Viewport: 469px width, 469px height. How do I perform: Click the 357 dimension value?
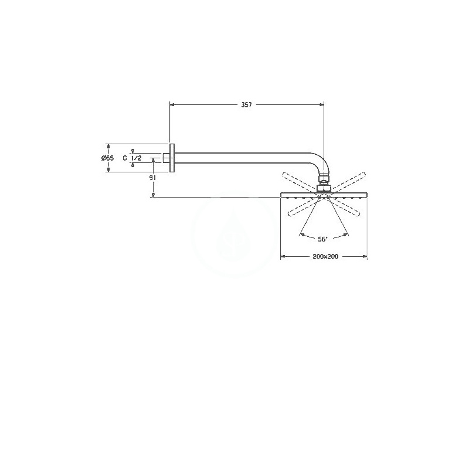point(247,105)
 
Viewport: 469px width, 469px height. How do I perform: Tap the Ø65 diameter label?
point(108,158)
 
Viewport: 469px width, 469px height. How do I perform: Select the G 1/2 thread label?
point(132,158)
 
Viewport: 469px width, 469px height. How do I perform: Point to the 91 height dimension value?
point(153,178)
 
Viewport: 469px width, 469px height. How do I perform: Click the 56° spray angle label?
point(323,239)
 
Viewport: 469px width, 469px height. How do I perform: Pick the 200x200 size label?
point(325,257)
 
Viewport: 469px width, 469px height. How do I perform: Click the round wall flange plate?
point(172,158)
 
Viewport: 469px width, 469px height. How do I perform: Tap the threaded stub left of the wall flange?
point(166,158)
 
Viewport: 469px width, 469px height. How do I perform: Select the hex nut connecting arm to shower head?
point(324,188)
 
